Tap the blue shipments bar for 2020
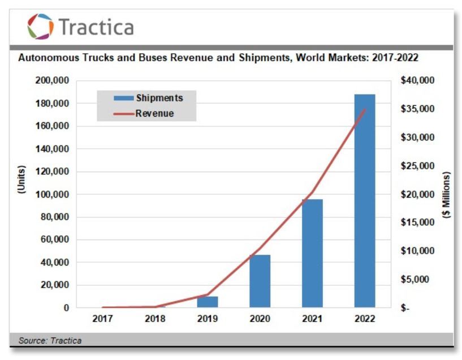[x=260, y=281]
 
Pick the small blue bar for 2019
[x=208, y=302]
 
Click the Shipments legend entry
[x=159, y=98]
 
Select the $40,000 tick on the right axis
[x=417, y=81]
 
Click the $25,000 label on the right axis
[x=417, y=166]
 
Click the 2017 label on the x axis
[x=102, y=319]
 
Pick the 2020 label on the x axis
[x=260, y=319]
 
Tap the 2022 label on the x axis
[x=365, y=319]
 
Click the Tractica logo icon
[x=40, y=27]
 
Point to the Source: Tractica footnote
[x=50, y=340]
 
